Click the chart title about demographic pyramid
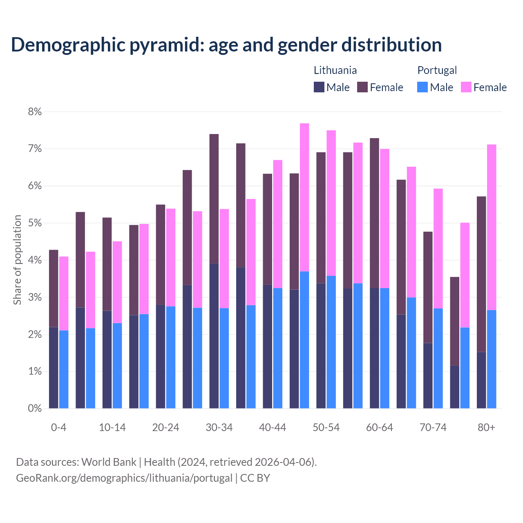226,45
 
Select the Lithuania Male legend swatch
319,87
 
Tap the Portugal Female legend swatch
466,87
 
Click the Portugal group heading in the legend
437,70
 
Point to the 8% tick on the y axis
35,112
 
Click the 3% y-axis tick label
35,297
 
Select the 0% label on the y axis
35,409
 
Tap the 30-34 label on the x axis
219,427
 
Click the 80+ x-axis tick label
486,427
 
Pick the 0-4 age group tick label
58,427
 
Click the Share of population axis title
17,260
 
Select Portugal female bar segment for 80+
492,227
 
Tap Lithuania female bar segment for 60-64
374,213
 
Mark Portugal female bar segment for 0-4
64,293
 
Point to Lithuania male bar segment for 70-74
428,375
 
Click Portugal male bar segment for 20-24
171,357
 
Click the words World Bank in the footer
109,462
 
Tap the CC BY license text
255,478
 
